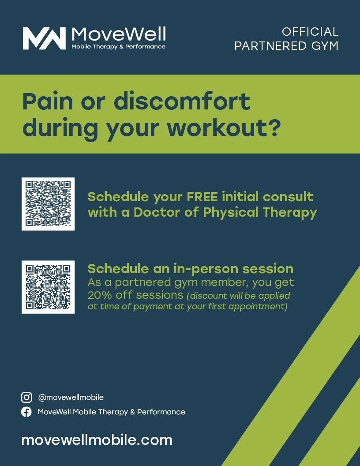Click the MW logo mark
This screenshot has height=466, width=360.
pos(44,38)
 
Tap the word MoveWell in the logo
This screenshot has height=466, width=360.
pos(118,34)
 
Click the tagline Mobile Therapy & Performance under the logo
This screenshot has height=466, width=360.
pos(118,47)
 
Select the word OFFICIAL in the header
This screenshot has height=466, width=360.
pos(310,32)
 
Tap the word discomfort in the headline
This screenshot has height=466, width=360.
pos(182,101)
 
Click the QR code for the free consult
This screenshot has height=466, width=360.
pos(48,204)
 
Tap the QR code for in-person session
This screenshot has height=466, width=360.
pos(48,287)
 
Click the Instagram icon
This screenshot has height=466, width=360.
pos(27,397)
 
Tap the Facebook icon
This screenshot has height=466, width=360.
pos(27,412)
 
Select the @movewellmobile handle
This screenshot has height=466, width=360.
pos(71,397)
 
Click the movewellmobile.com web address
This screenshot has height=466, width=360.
pos(97,440)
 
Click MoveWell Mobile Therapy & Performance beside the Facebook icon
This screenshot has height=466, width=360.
pos(112,412)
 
